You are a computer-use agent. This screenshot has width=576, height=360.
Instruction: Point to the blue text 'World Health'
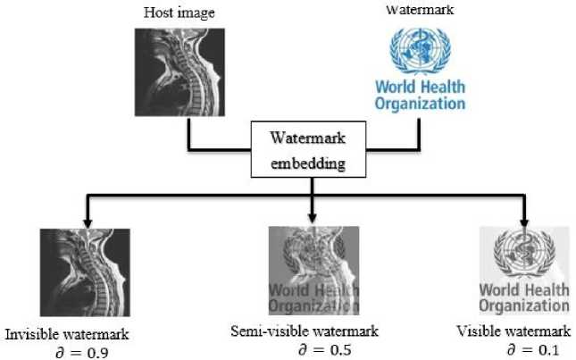point(420,89)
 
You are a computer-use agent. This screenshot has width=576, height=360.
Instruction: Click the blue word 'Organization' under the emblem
point(420,104)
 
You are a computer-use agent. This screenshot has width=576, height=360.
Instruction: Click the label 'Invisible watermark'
point(68,335)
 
